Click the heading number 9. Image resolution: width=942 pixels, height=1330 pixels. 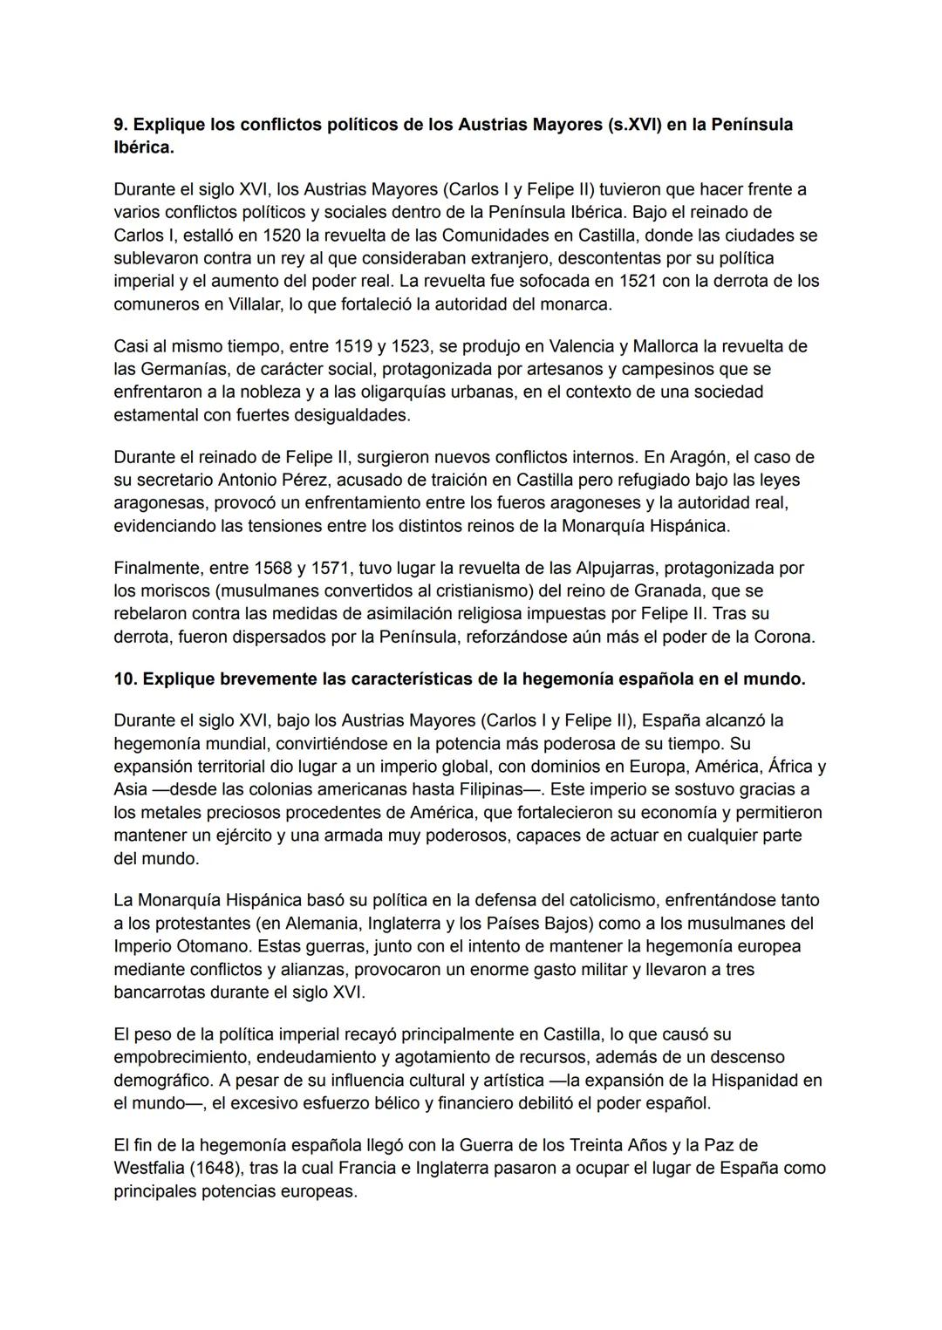120,125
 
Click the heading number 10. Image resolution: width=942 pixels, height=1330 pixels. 126,679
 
